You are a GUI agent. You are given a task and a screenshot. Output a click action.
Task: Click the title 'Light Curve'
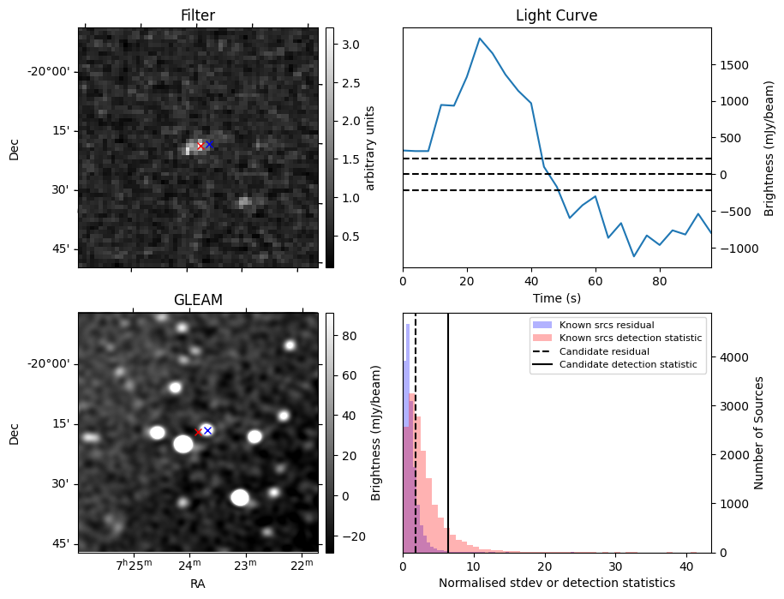(x=556, y=15)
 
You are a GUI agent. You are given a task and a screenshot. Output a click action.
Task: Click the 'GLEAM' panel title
(x=198, y=300)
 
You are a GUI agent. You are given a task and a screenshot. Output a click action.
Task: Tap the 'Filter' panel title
(x=198, y=15)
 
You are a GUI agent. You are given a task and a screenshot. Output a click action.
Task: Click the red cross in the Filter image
(x=200, y=147)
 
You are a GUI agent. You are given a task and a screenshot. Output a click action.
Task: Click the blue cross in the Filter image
(x=209, y=145)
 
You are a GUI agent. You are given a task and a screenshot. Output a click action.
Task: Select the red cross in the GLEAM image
(x=198, y=432)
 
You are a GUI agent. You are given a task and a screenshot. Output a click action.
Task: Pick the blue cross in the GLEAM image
(x=207, y=430)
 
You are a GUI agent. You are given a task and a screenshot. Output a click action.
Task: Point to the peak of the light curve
(x=480, y=39)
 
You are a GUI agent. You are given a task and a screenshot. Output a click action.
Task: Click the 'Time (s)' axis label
(x=556, y=297)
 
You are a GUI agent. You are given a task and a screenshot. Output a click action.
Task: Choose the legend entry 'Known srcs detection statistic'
(x=631, y=338)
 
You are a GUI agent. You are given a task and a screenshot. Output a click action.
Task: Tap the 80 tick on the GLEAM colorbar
(x=349, y=337)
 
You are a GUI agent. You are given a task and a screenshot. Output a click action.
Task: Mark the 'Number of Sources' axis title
(x=759, y=433)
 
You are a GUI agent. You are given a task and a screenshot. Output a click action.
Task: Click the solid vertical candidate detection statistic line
(x=448, y=428)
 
